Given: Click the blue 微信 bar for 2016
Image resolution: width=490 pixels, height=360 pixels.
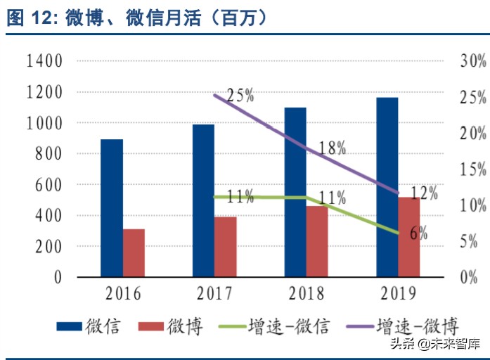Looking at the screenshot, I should [112, 207].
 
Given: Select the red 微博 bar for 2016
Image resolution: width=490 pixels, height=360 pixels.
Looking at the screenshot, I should [134, 252].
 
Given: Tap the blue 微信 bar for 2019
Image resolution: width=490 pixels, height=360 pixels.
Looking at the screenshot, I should [387, 187].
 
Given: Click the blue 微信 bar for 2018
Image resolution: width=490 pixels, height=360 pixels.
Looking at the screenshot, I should [295, 192].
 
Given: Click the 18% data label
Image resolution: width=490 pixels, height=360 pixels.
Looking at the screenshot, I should [332, 148].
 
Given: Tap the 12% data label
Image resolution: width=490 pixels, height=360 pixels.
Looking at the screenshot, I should [424, 193].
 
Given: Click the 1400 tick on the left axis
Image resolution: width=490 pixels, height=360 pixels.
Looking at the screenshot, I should [44, 61].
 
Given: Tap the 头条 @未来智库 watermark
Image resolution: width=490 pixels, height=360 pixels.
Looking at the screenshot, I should [442, 345].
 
